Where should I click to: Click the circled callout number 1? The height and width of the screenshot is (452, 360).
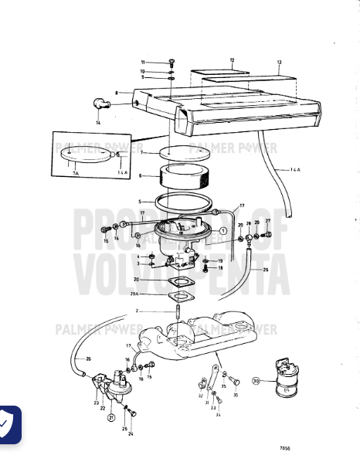coord(222,231)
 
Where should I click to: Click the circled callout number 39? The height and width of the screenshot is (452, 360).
coord(256,380)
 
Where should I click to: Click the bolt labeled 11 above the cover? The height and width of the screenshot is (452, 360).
coord(171,61)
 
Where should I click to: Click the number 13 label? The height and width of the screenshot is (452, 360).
coord(279,61)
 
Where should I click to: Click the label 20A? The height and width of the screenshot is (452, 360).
coord(134,294)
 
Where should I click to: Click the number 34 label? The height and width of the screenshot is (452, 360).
coord(219,415)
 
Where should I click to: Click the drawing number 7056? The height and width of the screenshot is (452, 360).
coord(287,447)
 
